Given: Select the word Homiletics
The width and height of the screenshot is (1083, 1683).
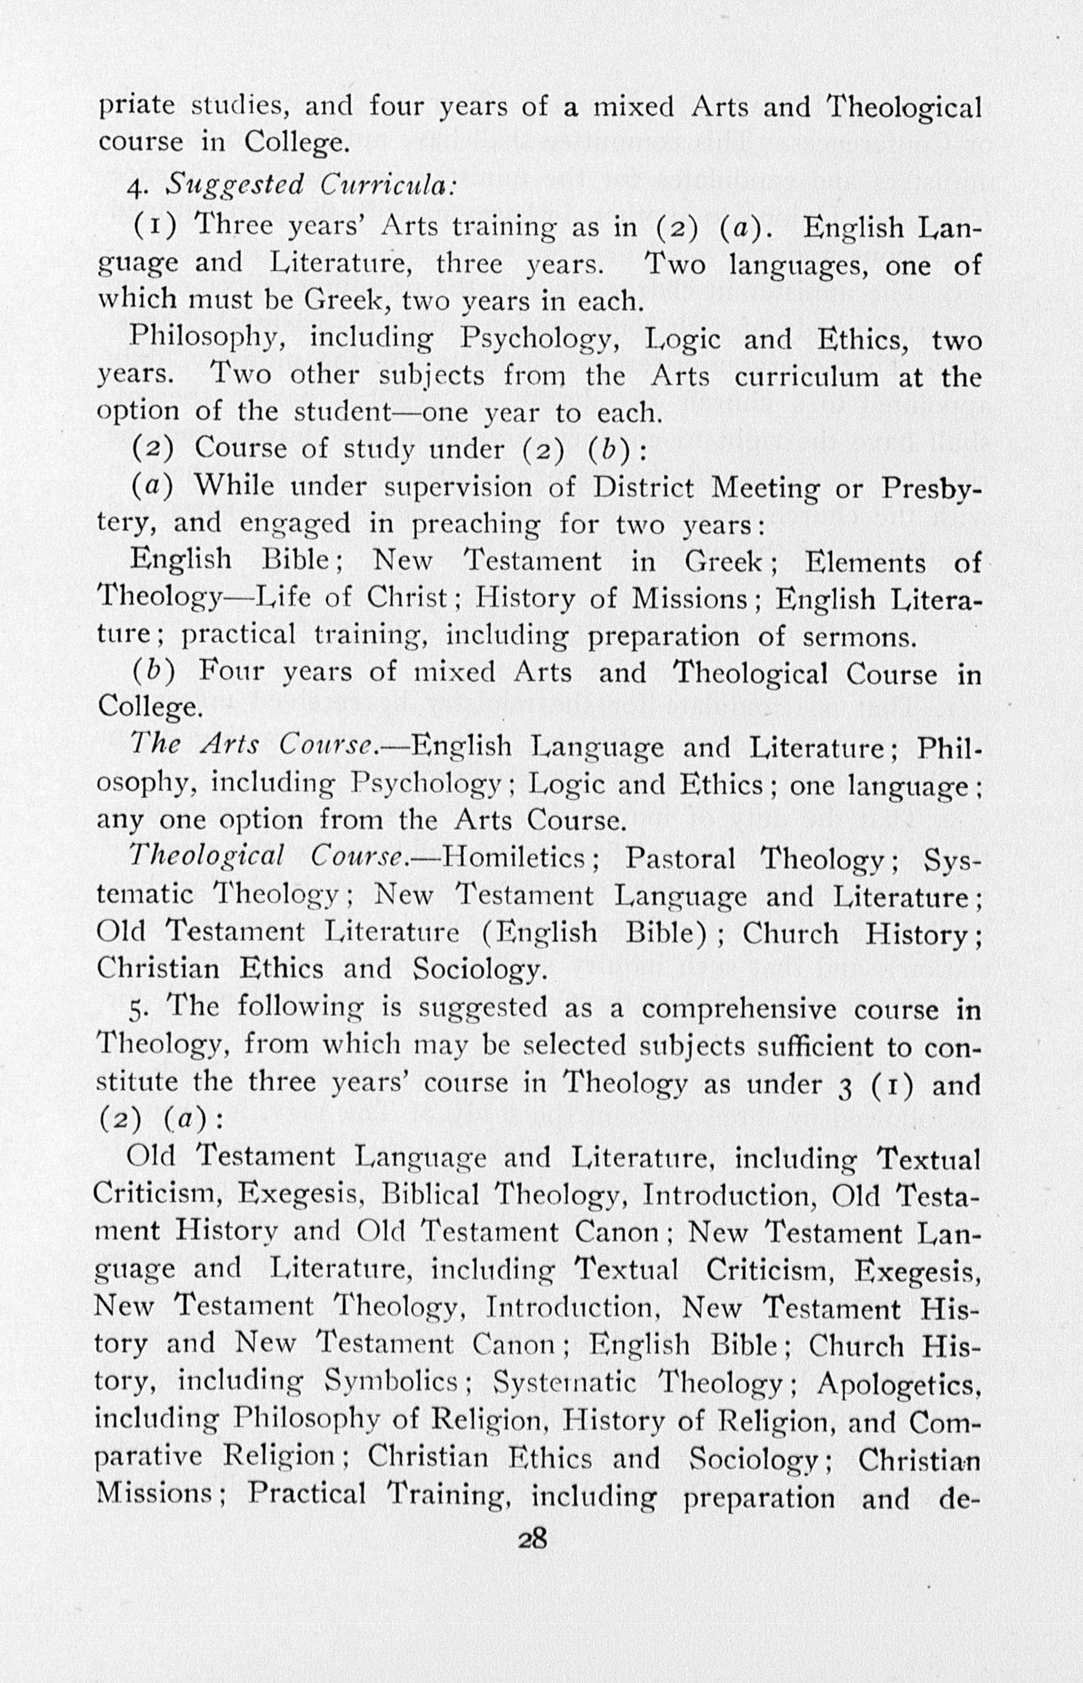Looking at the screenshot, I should tap(515, 857).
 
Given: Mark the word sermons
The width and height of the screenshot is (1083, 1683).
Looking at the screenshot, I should tap(860, 637).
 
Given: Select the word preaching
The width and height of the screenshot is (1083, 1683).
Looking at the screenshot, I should tap(476, 525).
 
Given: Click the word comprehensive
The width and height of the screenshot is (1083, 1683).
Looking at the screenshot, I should tap(739, 1008).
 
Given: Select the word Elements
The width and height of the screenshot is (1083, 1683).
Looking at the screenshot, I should tap(866, 562).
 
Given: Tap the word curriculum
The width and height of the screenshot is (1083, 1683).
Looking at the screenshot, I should tap(807, 377).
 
